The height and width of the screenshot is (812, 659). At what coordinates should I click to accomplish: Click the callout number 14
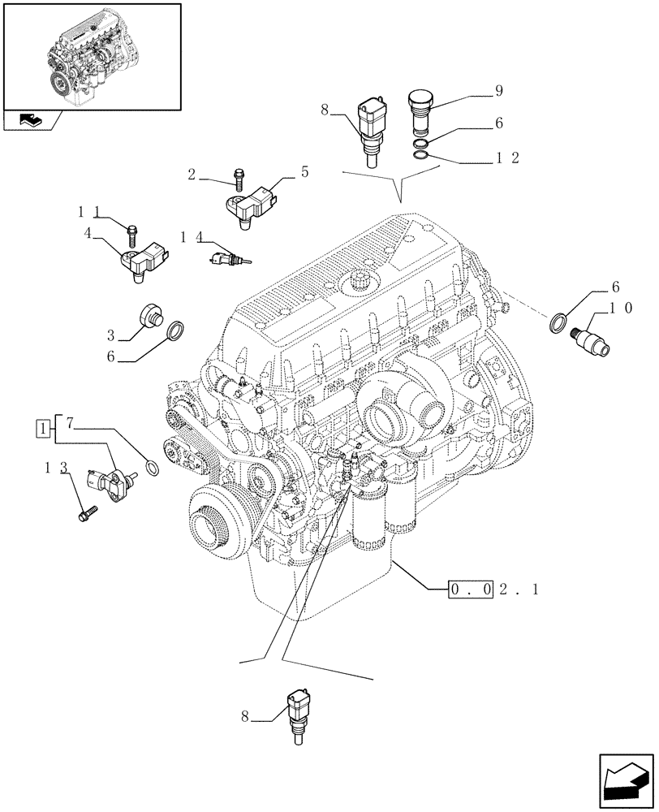tap(191, 236)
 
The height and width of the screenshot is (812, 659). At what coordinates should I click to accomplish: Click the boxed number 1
tap(41, 425)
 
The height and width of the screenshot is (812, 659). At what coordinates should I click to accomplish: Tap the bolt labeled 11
tap(131, 233)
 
